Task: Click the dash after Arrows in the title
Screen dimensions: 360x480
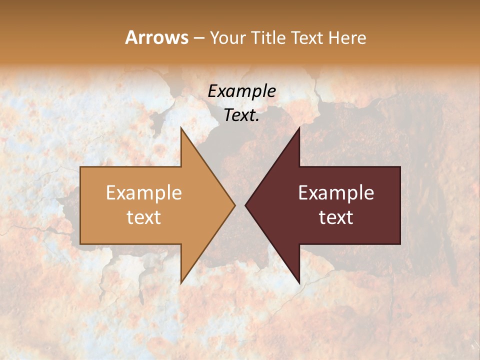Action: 198,38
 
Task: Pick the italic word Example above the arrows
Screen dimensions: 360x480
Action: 242,91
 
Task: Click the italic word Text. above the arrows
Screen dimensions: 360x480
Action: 242,115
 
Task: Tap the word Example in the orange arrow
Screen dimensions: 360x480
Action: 144,193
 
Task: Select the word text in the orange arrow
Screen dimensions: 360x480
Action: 144,217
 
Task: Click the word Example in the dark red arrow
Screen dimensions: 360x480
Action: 336,193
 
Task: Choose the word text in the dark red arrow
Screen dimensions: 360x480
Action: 336,217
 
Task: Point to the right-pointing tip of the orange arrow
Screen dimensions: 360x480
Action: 235,205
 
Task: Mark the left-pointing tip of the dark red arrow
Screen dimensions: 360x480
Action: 245,205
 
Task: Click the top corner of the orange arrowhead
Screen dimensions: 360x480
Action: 181,127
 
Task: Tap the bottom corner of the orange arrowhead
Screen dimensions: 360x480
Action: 181,283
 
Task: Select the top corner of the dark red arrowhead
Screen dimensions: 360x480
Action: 299,127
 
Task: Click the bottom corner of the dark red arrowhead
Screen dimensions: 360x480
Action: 299,283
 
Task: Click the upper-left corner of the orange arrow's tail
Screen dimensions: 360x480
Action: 80,167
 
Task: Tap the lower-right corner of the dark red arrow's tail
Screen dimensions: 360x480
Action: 400,244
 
